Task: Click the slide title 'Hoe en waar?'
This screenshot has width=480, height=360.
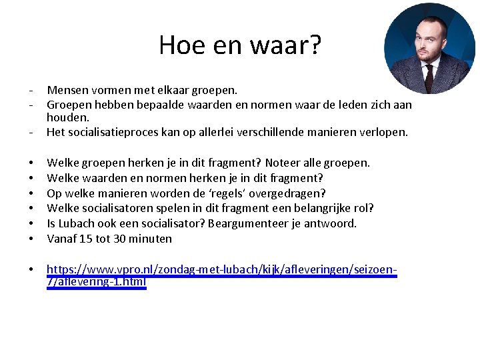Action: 239,45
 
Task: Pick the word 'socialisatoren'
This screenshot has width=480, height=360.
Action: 113,208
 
